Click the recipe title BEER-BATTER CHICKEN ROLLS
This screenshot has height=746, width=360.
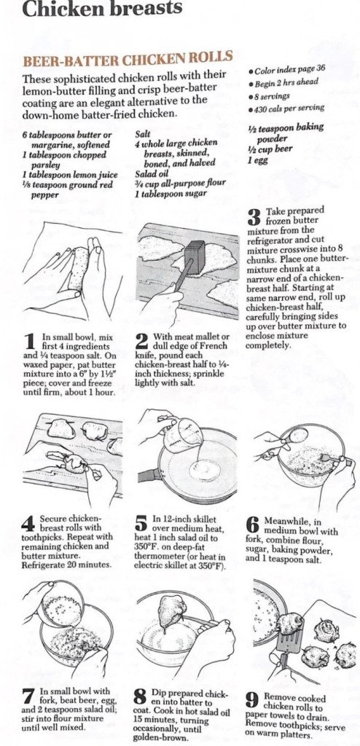click(128, 60)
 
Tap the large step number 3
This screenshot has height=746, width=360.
click(255, 216)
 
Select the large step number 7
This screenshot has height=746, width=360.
click(29, 697)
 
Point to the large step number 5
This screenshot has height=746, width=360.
click(141, 523)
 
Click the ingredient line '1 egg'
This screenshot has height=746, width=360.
click(258, 160)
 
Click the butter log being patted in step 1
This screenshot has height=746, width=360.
click(79, 268)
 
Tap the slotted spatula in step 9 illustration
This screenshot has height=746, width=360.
click(291, 643)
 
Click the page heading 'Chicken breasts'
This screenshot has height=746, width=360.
click(102, 9)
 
